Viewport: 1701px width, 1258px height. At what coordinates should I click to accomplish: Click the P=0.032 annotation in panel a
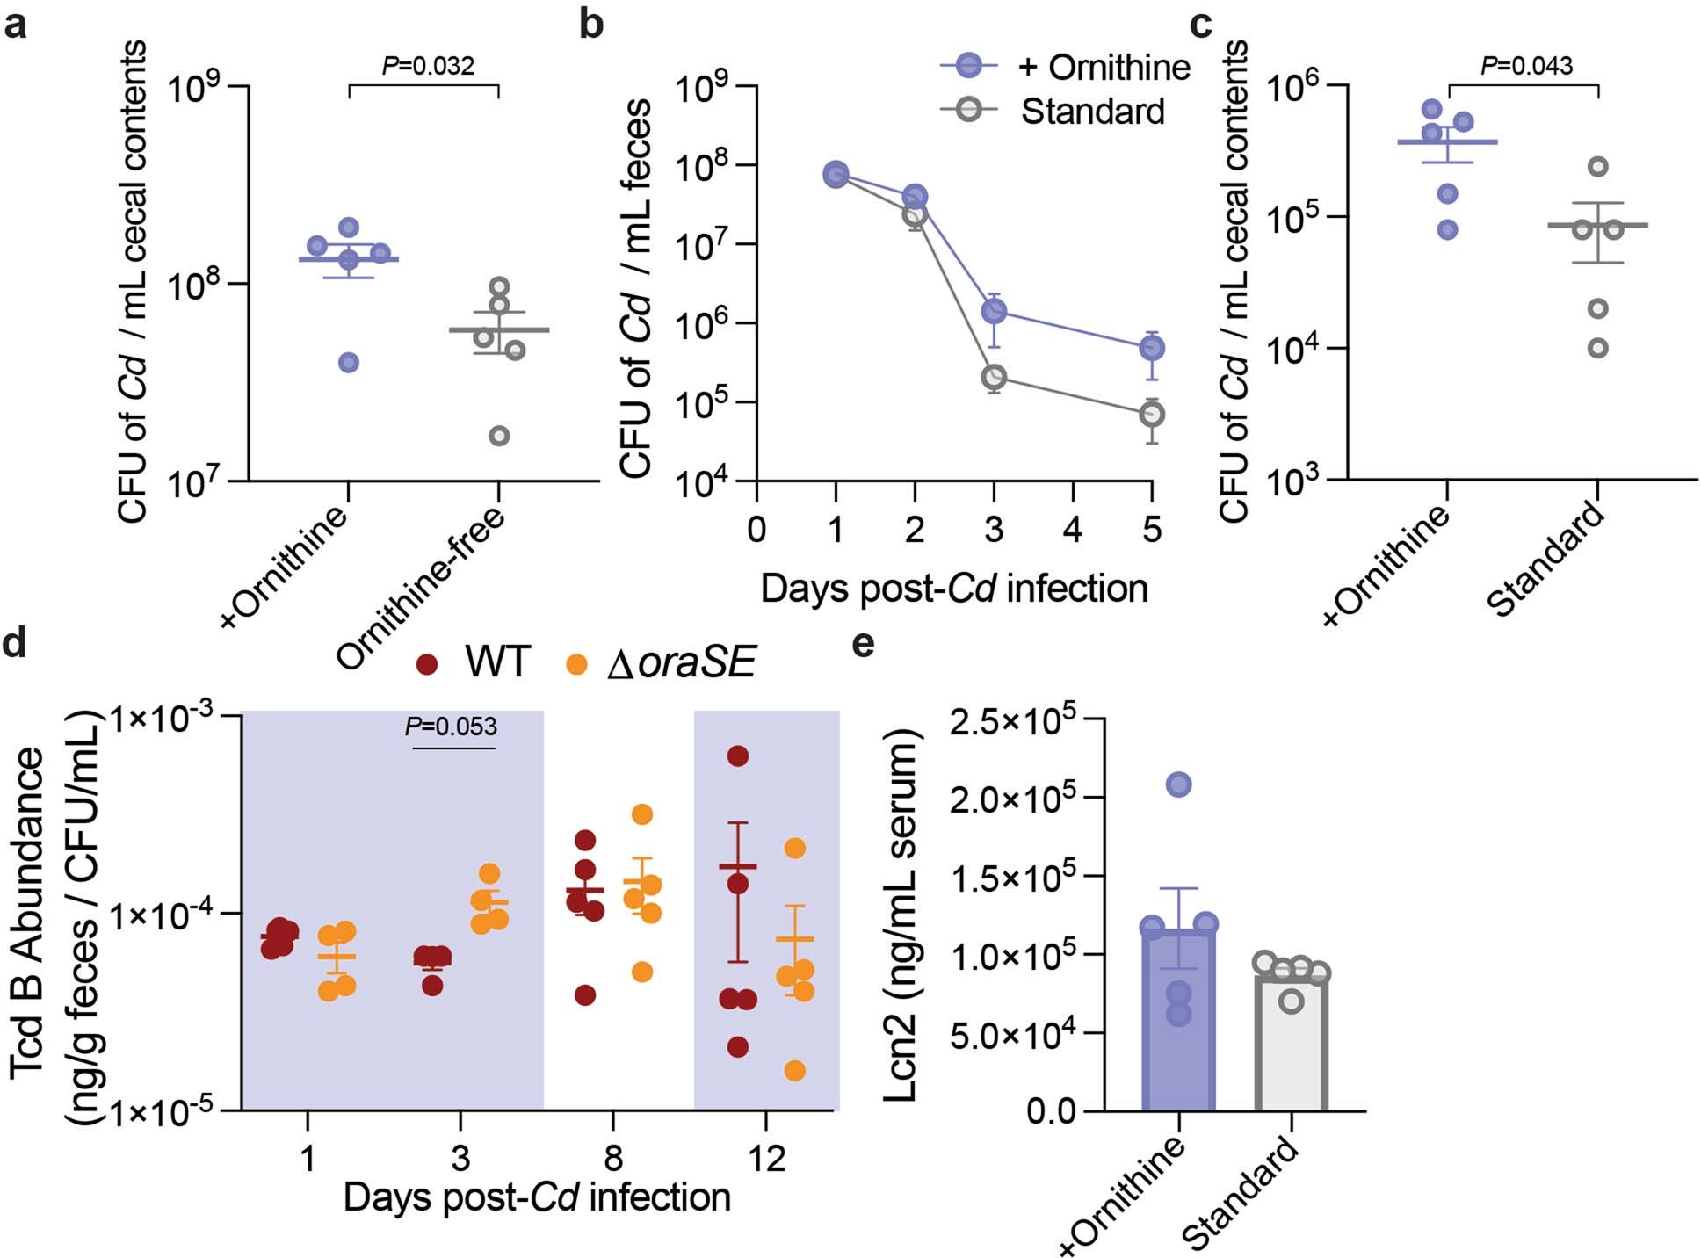click(428, 66)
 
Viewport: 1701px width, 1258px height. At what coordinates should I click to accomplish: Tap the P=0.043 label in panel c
click(1526, 66)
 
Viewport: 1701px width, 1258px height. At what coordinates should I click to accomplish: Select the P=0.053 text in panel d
click(451, 727)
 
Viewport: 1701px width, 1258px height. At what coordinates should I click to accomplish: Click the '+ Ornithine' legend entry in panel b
click(1103, 68)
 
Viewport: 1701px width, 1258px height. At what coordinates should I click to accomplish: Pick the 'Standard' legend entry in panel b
click(1092, 112)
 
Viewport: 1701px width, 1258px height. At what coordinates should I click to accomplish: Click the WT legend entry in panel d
click(496, 662)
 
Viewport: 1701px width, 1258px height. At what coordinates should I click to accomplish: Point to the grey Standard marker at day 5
click(1152, 414)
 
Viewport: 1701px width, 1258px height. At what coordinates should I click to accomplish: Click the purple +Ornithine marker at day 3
click(994, 310)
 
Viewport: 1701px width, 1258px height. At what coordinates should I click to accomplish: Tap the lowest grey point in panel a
click(499, 436)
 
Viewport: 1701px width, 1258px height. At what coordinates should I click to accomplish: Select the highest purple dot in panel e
click(1178, 784)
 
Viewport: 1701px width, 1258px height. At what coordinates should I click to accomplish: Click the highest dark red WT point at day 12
click(737, 756)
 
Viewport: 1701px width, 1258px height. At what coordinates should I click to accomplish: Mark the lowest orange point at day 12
click(794, 1071)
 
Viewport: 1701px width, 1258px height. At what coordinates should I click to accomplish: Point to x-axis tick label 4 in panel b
click(1073, 530)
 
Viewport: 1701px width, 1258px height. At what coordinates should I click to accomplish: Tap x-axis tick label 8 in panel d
click(612, 1158)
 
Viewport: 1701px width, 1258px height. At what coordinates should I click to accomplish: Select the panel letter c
click(1201, 24)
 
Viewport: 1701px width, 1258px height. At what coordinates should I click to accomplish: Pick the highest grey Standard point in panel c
click(1599, 166)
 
